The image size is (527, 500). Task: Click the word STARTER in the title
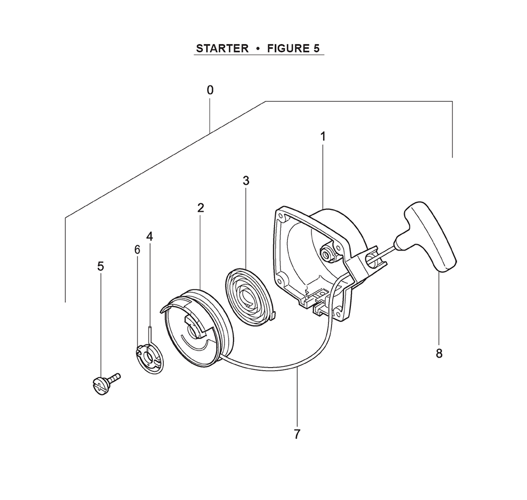coord(222,49)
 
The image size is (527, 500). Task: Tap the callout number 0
coord(210,90)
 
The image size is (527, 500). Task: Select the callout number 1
coord(323,137)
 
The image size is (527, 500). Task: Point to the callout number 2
coord(201,208)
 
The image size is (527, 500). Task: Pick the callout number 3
coord(246,181)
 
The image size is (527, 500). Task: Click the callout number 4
coord(150,236)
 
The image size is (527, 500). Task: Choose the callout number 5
coord(101,266)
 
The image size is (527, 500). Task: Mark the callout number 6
coord(137,249)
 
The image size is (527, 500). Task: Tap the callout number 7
coord(297,435)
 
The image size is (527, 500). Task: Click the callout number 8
coord(439,353)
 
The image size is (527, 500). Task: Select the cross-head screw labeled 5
coord(105,383)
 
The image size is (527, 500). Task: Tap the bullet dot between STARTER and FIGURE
coord(258,49)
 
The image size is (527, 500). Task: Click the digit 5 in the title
coord(316,49)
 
